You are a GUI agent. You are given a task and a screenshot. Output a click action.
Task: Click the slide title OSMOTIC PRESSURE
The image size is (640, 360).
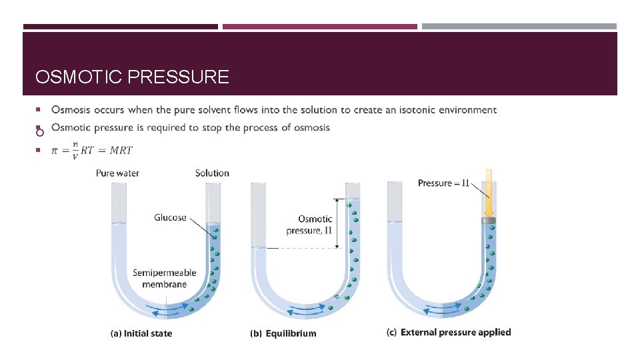tap(132, 77)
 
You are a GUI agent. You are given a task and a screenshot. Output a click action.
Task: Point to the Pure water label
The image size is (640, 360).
tap(117, 173)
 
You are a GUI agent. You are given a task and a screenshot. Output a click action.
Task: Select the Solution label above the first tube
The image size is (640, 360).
tap(212, 173)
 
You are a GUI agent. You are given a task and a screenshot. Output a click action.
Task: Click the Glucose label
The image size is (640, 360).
tap(170, 217)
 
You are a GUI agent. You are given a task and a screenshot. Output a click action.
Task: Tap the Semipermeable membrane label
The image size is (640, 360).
tap(164, 279)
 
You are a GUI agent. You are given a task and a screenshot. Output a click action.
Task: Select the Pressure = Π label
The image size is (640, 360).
tap(444, 183)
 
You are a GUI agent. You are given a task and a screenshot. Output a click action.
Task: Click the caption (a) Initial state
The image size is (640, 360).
tap(141, 333)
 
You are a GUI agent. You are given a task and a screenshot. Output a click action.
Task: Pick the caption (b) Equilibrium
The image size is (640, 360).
tap(283, 333)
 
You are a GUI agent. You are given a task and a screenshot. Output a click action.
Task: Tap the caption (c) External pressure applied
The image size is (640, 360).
tap(449, 332)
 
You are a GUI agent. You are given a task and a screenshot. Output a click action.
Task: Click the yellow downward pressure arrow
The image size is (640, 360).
tap(489, 193)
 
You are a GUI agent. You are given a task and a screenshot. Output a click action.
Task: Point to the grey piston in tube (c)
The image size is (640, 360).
tap(489, 220)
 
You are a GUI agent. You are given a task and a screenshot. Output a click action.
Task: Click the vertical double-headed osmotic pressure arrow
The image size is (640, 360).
tap(338, 223)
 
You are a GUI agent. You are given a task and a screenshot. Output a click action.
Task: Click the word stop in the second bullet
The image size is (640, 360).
tap(201, 127)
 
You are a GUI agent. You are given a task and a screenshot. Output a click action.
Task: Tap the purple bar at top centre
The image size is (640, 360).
tap(319, 27)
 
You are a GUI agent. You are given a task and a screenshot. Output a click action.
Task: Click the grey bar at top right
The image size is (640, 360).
tap(519, 27)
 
